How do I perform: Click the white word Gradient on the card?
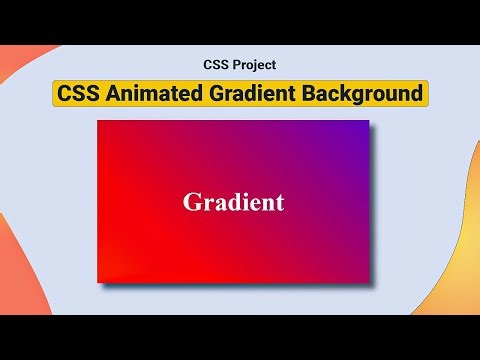233,202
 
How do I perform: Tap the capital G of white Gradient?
192,202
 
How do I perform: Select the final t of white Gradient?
279,202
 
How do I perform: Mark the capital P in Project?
236,65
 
